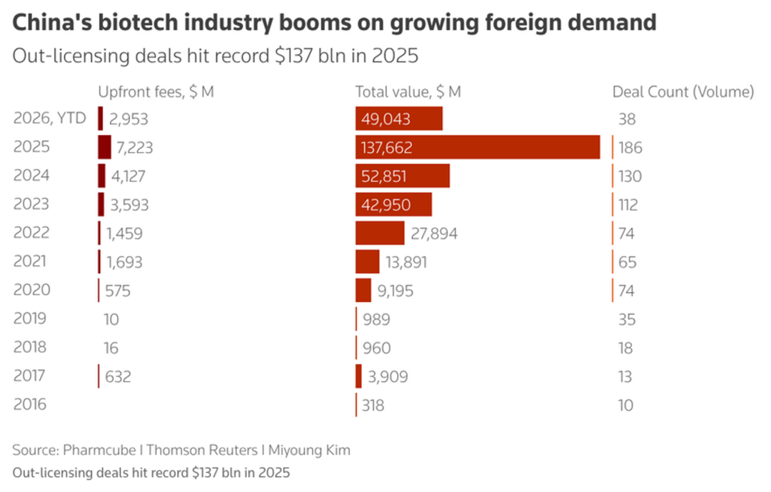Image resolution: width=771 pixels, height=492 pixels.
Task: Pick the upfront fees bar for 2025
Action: coord(104,147)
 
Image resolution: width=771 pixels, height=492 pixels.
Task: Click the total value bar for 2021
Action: coord(368,261)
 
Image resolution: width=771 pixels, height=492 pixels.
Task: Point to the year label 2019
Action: coord(30,318)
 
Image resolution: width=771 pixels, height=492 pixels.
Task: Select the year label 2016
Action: coord(30,404)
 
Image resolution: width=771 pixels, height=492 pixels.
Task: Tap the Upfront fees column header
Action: coord(156,91)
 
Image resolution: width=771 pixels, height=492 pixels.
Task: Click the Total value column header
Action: coord(408,91)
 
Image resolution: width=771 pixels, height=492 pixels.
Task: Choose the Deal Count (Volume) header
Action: coord(683,91)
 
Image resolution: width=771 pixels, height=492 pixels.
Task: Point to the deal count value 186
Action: coord(630,148)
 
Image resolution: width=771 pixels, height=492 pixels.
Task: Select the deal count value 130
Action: coord(630,176)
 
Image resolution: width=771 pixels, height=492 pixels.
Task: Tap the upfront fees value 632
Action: coord(118,376)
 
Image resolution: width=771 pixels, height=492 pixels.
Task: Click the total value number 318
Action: coord(373,405)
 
